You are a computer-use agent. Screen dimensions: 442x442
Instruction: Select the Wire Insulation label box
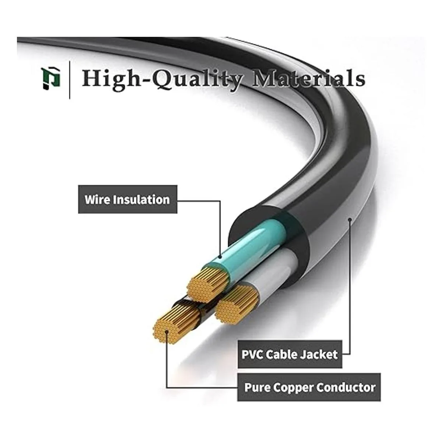127,200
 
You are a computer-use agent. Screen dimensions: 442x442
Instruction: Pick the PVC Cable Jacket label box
290,354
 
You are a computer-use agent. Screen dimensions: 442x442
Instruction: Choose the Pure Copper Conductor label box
309,387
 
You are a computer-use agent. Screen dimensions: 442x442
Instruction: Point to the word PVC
252,354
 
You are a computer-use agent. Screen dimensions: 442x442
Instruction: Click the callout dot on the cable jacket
349,219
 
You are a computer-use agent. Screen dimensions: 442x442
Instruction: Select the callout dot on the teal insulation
220,257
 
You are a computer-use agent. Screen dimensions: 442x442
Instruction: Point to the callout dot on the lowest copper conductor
166,331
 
